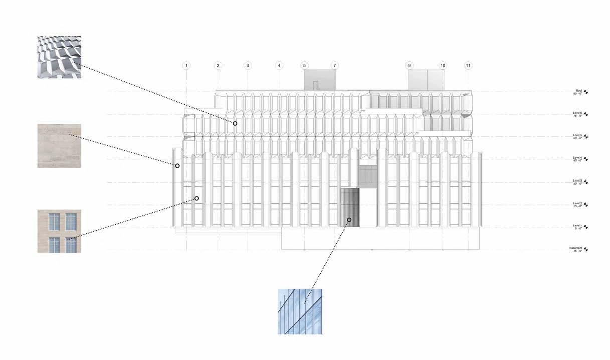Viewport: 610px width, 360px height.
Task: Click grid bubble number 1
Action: pyautogui.click(x=186, y=66)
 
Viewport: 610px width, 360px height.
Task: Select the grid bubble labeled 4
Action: pyautogui.click(x=279, y=66)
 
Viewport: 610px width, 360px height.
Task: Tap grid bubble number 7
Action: pyautogui.click(x=335, y=66)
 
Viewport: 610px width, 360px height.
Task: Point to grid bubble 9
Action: pyautogui.click(x=409, y=66)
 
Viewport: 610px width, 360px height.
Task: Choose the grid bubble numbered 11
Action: pyautogui.click(x=468, y=66)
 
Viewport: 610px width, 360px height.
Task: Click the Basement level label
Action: pyautogui.click(x=576, y=249)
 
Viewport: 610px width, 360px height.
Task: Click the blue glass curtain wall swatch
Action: pyautogui.click(x=300, y=311)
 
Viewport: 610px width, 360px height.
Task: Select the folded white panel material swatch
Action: pyautogui.click(x=59, y=57)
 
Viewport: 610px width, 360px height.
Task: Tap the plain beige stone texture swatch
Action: pyautogui.click(x=59, y=146)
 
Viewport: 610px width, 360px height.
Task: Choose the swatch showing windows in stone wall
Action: pyautogui.click(x=59, y=231)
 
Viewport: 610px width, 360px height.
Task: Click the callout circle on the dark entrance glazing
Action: pyautogui.click(x=349, y=220)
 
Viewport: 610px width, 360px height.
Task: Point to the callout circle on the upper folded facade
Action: pyautogui.click(x=235, y=123)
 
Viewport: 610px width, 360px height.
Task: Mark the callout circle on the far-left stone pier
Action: pyautogui.click(x=177, y=165)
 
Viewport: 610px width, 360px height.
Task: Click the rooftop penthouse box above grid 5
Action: pyautogui.click(x=319, y=80)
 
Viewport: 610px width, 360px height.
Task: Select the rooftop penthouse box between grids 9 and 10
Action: pyautogui.click(x=426, y=80)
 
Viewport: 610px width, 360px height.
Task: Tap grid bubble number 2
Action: pyautogui.click(x=218, y=66)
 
